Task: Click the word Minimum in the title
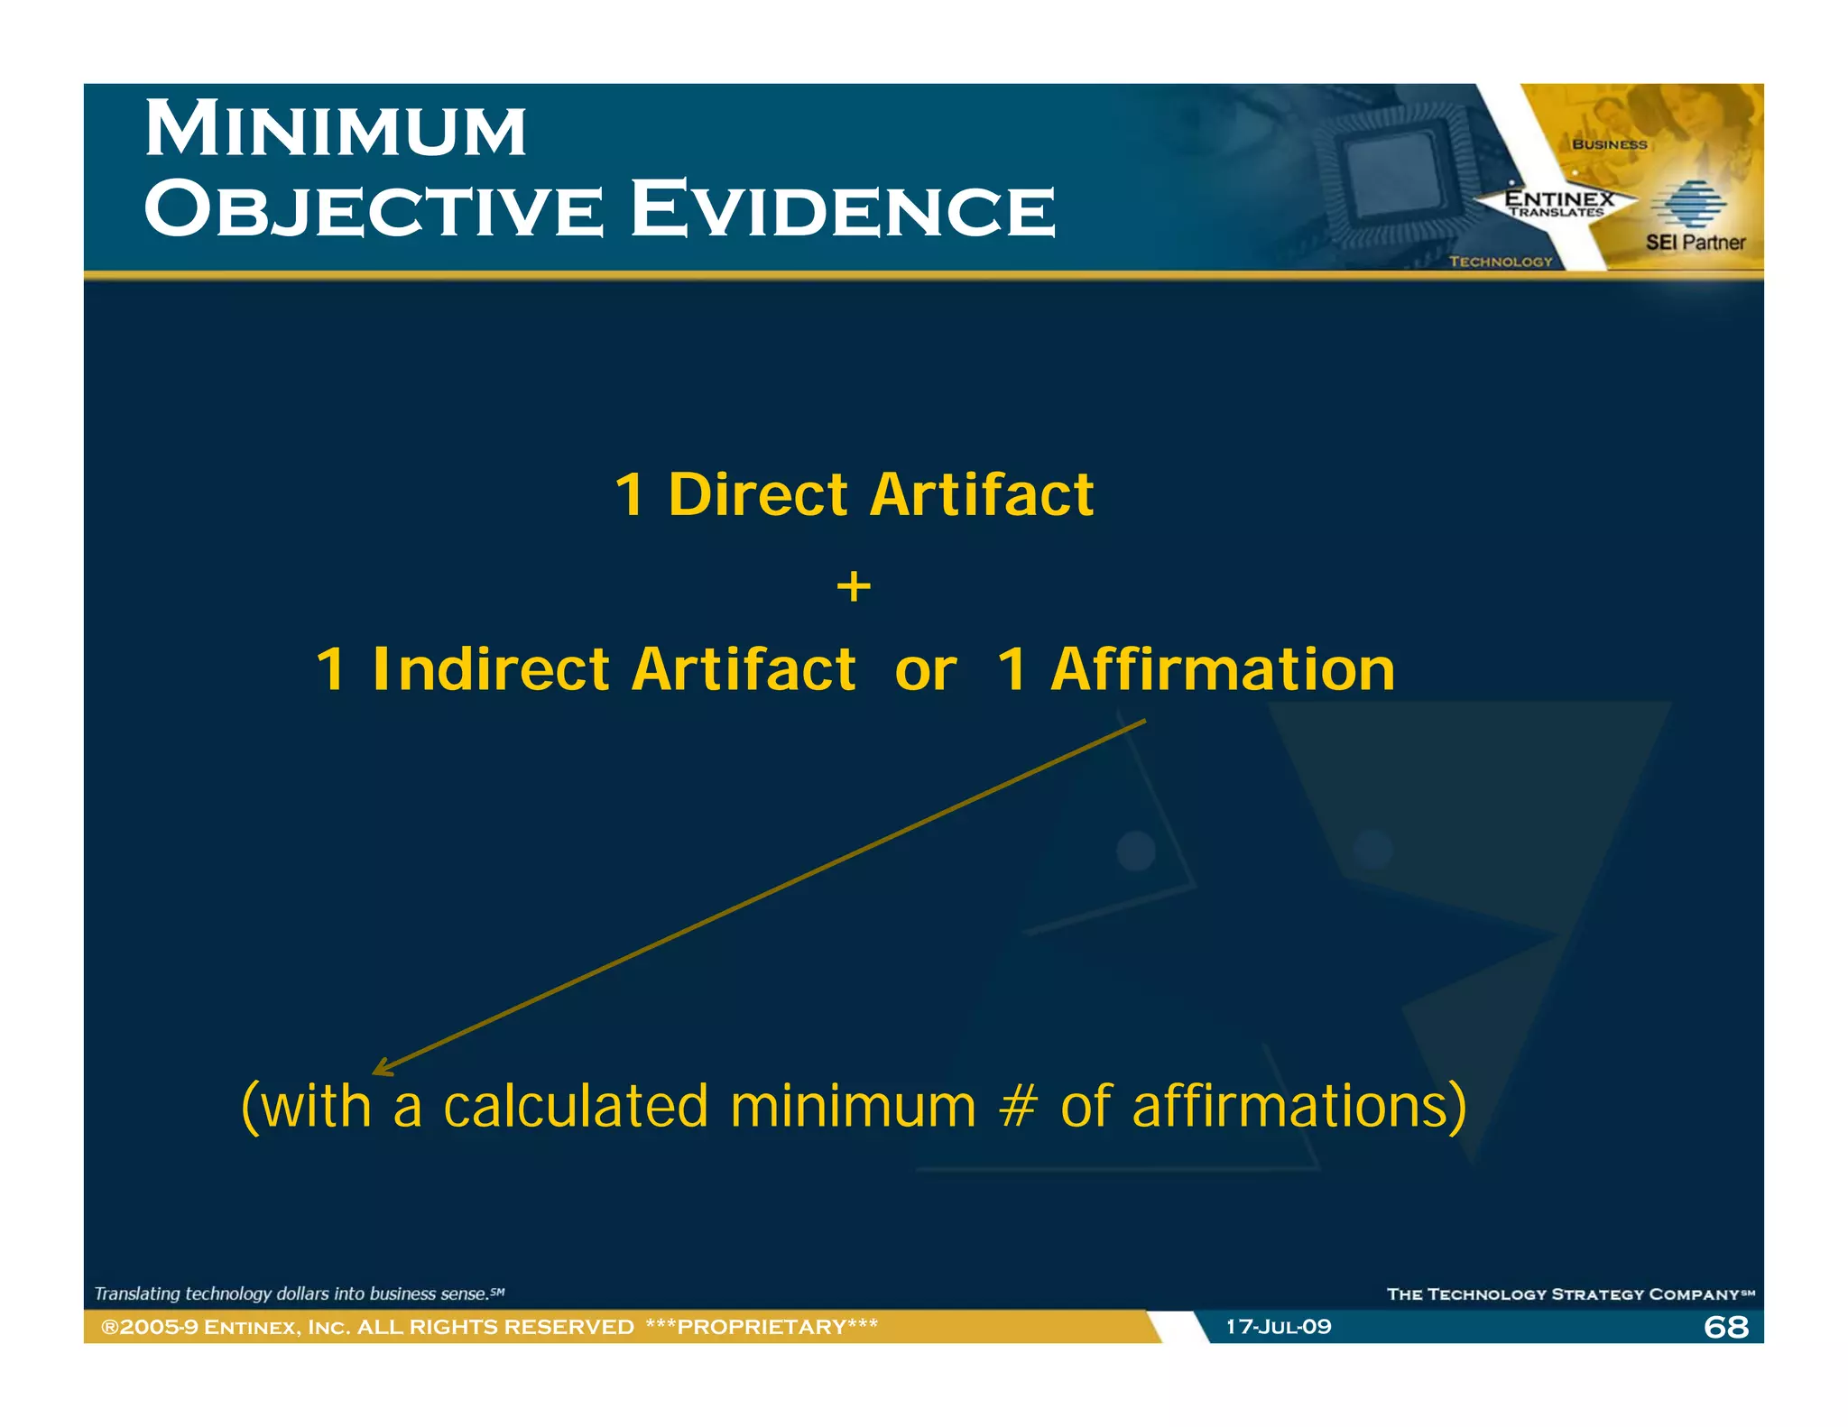click(x=336, y=131)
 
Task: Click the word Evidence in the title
click(x=843, y=210)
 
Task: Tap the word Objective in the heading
click(x=374, y=210)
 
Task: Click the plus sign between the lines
click(x=854, y=587)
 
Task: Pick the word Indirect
click(x=491, y=670)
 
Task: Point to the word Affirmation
click(x=1223, y=670)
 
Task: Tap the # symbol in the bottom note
click(x=1018, y=1107)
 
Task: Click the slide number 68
click(x=1725, y=1327)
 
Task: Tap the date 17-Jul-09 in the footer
click(x=1278, y=1327)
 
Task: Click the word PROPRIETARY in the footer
click(x=762, y=1327)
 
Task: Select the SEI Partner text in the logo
click(x=1695, y=243)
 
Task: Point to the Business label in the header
click(x=1610, y=144)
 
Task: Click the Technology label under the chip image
click(x=1501, y=262)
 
